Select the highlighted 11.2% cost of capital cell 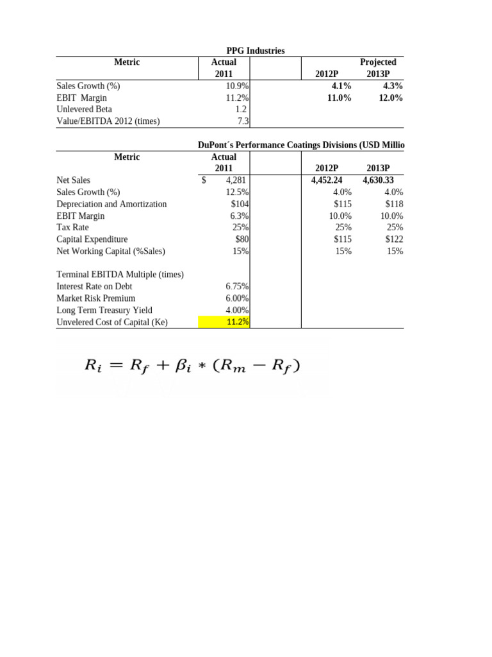238,322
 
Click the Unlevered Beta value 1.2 242,110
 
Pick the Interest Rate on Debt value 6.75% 237,286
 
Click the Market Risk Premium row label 96,298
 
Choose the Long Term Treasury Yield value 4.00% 237,310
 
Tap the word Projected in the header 378,62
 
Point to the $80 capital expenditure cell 242,239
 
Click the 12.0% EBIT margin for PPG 391,98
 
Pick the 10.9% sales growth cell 237,86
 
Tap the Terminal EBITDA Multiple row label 120,275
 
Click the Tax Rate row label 72,227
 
